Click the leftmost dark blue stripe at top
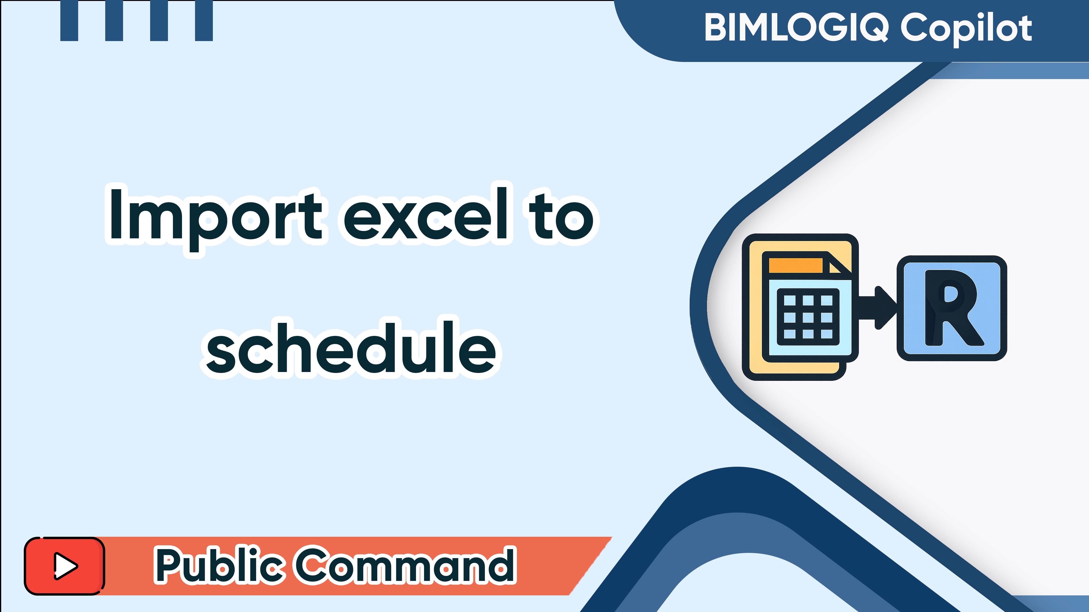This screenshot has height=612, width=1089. tap(69, 20)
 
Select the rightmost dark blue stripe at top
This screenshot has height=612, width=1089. tap(204, 20)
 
